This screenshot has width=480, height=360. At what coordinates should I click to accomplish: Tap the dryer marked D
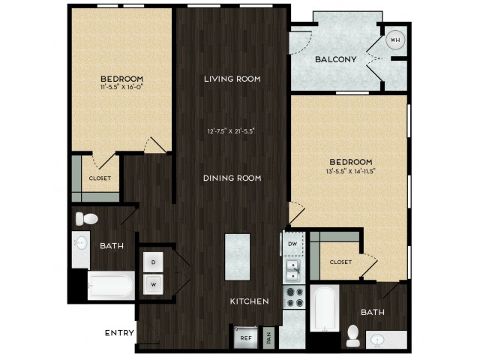tap(153, 262)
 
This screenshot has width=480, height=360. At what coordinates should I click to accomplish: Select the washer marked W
tap(153, 285)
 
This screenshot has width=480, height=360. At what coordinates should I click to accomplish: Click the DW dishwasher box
tap(293, 244)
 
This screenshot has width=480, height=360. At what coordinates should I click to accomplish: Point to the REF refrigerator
tap(245, 337)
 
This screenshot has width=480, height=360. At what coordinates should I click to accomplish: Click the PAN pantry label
tap(269, 338)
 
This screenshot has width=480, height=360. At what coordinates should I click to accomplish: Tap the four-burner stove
tap(294, 297)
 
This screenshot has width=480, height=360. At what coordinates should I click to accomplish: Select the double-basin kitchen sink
tap(293, 271)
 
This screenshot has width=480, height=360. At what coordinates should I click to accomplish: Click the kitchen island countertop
tap(237, 257)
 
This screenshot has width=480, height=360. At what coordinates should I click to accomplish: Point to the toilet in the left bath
tap(87, 218)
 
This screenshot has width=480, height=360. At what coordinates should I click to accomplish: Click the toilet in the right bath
tap(352, 336)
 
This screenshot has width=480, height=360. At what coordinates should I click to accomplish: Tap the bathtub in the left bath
tap(111, 286)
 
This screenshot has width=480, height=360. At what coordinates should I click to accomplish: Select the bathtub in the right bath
tap(325, 308)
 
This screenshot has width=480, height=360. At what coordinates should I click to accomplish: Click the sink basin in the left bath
tap(82, 243)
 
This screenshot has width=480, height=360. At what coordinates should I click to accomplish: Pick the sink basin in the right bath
tap(377, 340)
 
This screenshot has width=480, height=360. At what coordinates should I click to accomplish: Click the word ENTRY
tap(119, 333)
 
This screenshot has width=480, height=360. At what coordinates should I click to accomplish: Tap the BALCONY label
tap(336, 59)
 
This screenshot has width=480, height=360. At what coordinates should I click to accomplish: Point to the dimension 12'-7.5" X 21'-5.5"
tap(231, 131)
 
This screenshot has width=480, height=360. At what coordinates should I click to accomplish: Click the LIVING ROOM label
tap(232, 79)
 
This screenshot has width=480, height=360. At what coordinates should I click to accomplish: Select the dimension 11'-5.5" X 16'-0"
tap(121, 87)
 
